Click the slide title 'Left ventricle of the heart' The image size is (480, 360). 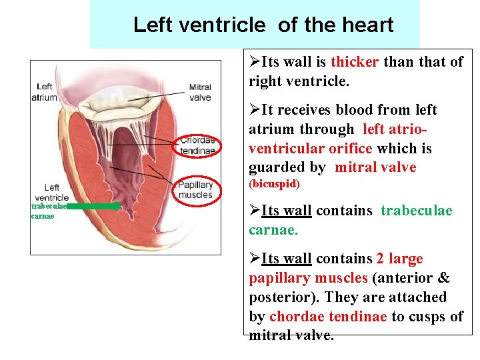(x=263, y=25)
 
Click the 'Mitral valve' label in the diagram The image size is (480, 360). (x=199, y=92)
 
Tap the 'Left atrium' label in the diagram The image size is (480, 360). (x=44, y=92)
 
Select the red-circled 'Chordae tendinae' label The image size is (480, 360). (x=198, y=145)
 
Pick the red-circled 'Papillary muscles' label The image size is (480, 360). (x=195, y=190)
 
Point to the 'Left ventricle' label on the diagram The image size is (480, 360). (x=51, y=193)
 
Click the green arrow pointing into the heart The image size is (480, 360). (x=93, y=207)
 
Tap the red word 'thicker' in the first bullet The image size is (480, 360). (x=355, y=63)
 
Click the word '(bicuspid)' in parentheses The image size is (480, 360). (x=275, y=183)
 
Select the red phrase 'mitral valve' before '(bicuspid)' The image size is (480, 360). (x=375, y=167)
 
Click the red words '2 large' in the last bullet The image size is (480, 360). (x=399, y=259)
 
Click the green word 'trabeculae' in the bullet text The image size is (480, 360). (x=416, y=211)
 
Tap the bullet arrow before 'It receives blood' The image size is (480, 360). (x=255, y=109)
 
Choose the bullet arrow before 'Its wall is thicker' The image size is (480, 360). (x=255, y=63)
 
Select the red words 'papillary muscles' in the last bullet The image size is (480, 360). (x=308, y=278)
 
